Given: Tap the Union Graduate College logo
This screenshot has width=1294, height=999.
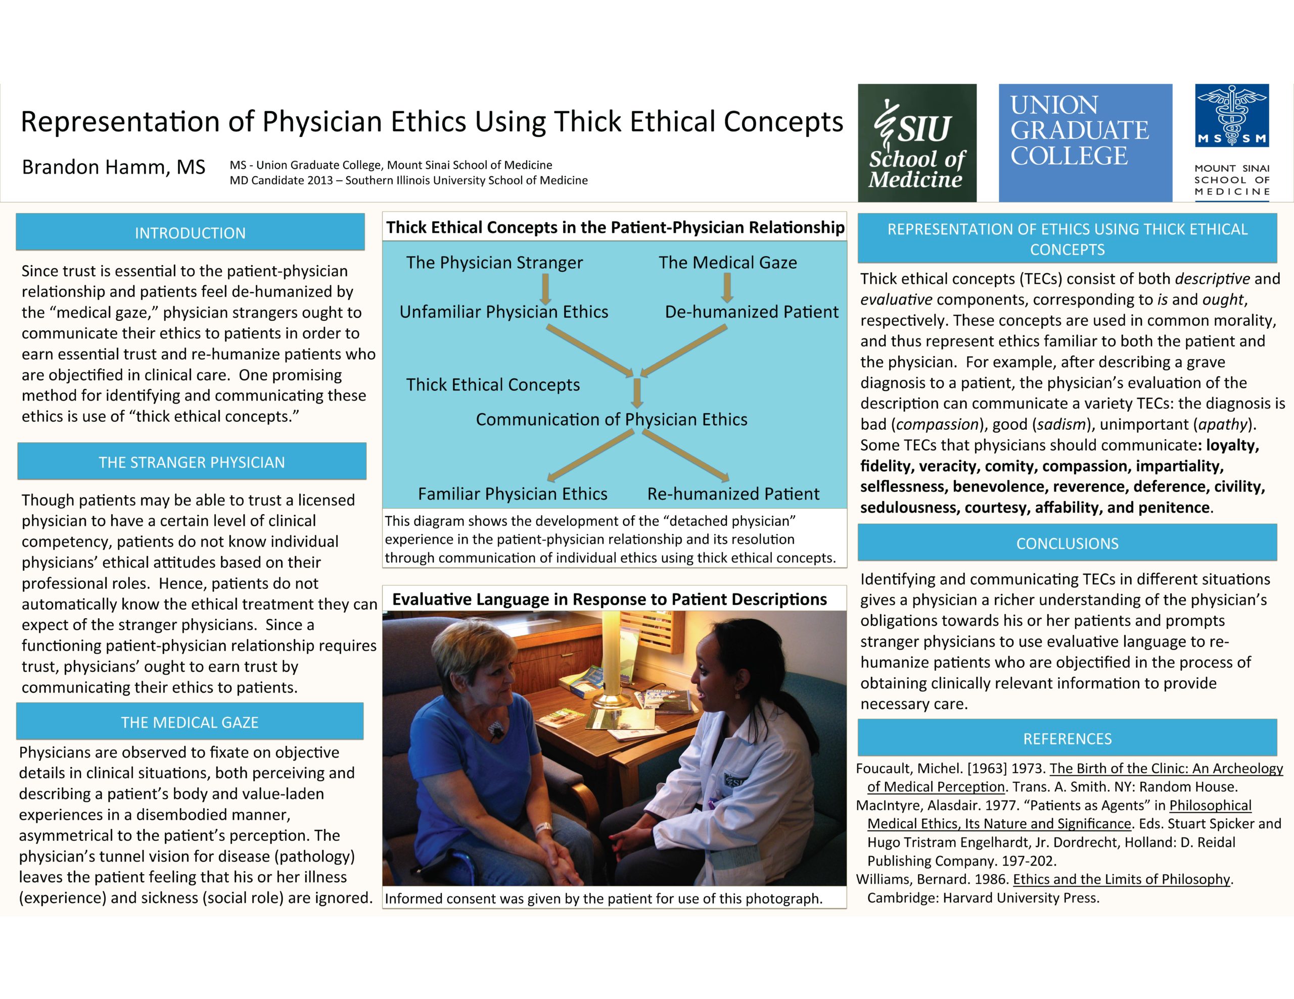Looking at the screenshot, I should coord(1085,143).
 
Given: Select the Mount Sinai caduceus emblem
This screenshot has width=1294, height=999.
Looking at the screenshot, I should coord(1232,116).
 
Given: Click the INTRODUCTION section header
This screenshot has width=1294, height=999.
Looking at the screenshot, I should coord(190,233).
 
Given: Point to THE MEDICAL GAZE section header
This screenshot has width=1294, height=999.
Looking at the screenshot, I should coord(190,722).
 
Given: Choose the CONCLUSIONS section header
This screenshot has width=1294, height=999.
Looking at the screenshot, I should coord(1067,543).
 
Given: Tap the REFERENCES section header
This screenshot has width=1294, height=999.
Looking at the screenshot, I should coord(1067,738).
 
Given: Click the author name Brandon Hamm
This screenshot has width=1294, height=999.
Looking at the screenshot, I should coord(114,168).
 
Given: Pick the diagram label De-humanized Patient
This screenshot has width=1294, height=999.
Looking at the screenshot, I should coord(751,312).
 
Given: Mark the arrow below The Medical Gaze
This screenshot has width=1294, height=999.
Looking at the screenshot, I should coord(727,288).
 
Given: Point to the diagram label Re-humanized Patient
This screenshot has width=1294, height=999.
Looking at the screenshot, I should coord(733,494).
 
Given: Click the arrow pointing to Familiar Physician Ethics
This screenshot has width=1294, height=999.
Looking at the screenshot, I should coord(589,455).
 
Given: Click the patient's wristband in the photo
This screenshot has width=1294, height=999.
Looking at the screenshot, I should coord(543,828).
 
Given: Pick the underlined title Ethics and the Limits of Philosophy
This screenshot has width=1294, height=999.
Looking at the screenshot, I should coord(1121,879).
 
